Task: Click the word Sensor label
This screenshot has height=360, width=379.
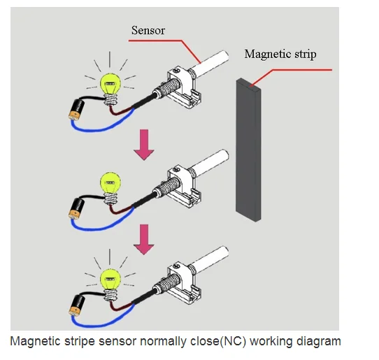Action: click(148, 31)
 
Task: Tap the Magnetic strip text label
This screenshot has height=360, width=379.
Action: click(280, 54)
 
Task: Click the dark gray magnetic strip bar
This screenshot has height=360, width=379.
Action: click(248, 150)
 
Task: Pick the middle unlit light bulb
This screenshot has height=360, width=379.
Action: click(110, 188)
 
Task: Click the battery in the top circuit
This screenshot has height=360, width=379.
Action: click(77, 110)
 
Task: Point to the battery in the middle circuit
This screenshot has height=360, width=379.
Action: click(77, 208)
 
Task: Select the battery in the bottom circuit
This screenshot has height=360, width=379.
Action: click(77, 305)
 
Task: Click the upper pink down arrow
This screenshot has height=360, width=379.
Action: click(144, 145)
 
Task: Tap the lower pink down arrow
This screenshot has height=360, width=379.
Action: click(144, 240)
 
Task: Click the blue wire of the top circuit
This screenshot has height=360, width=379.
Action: click(101, 127)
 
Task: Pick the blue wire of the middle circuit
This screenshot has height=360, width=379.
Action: click(101, 226)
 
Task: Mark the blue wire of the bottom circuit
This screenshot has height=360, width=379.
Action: click(101, 323)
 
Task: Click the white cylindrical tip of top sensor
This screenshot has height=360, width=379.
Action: click(209, 64)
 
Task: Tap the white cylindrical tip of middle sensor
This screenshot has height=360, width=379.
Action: click(209, 162)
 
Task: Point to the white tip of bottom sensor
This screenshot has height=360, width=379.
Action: click(209, 259)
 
